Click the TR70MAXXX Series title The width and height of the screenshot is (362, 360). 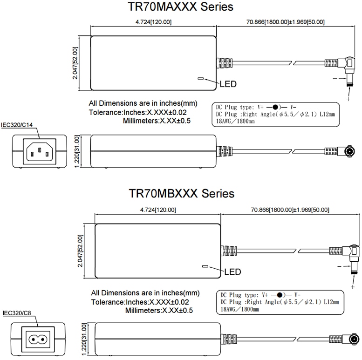[x=180, y=7]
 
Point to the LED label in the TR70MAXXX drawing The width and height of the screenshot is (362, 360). [x=228, y=84]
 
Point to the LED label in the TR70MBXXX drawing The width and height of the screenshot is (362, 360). [x=232, y=272]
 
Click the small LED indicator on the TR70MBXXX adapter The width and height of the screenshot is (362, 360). [x=205, y=267]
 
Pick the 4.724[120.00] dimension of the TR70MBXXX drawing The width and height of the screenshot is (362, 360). [x=157, y=210]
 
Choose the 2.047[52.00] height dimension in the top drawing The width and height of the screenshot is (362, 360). [x=75, y=63]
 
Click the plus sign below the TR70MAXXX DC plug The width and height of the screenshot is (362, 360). [x=348, y=99]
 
